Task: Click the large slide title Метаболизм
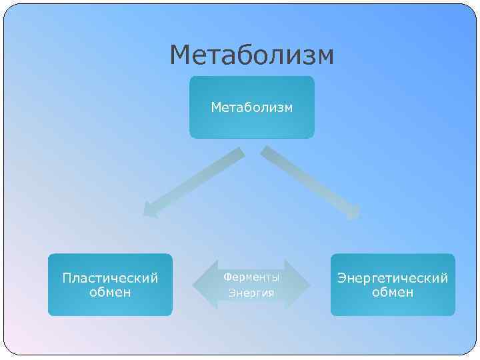(x=251, y=56)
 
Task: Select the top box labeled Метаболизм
(x=251, y=107)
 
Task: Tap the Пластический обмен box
(x=110, y=285)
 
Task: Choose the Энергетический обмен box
(x=393, y=285)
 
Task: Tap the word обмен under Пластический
(x=110, y=293)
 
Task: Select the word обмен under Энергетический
(x=393, y=293)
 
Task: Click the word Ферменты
(x=251, y=276)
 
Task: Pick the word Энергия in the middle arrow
(x=251, y=293)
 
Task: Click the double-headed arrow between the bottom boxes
(x=251, y=285)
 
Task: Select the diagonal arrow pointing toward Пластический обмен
(x=193, y=183)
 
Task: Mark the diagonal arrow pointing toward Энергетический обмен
(x=311, y=183)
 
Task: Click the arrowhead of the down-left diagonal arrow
(x=151, y=210)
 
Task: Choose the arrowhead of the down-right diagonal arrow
(x=353, y=212)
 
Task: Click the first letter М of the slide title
(x=181, y=56)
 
